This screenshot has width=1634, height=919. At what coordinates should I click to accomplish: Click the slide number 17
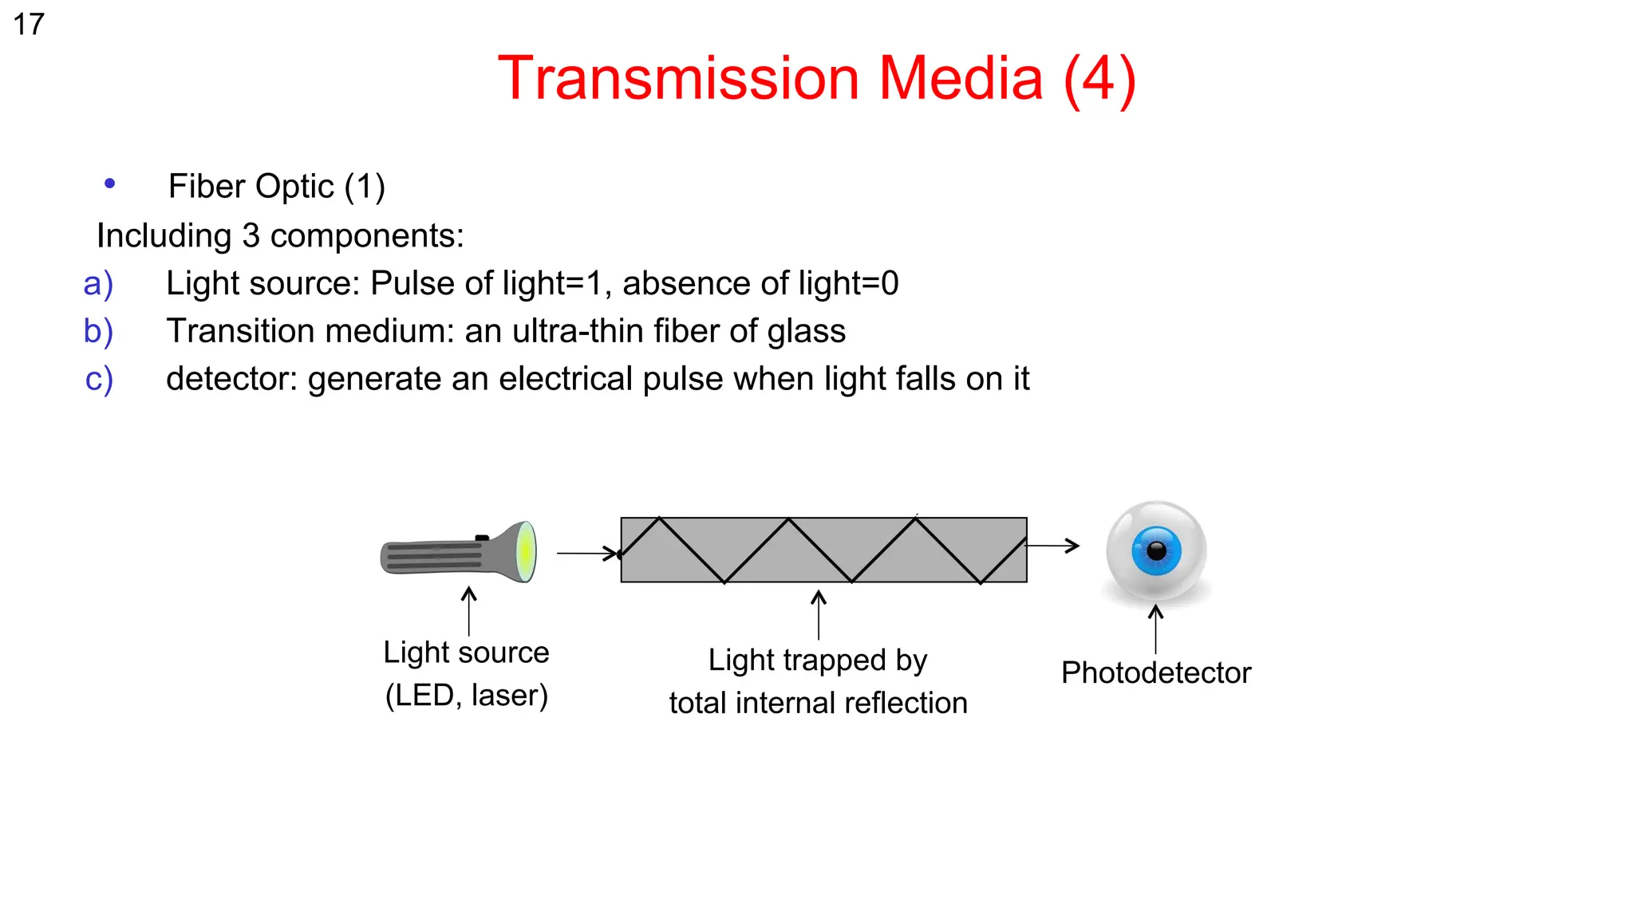point(29,25)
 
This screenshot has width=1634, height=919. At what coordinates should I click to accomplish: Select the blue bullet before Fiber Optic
point(110,184)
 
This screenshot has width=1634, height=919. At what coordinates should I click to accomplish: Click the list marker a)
point(99,284)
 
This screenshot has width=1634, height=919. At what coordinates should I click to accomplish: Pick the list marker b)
point(99,331)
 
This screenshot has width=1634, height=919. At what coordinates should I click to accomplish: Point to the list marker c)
point(99,379)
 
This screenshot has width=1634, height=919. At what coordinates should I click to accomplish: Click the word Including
point(164,236)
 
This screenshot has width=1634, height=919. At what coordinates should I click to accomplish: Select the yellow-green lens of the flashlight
point(525,551)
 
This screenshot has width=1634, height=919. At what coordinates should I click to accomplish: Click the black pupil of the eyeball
point(1156,550)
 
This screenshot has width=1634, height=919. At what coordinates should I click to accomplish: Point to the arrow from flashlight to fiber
point(587,553)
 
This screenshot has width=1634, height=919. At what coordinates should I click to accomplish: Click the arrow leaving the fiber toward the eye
point(1053,546)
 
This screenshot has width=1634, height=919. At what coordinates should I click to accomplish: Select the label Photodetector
point(1155,672)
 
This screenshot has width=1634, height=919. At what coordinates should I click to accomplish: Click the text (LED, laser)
point(467,696)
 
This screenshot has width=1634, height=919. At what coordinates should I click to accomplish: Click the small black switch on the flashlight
point(482,538)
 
